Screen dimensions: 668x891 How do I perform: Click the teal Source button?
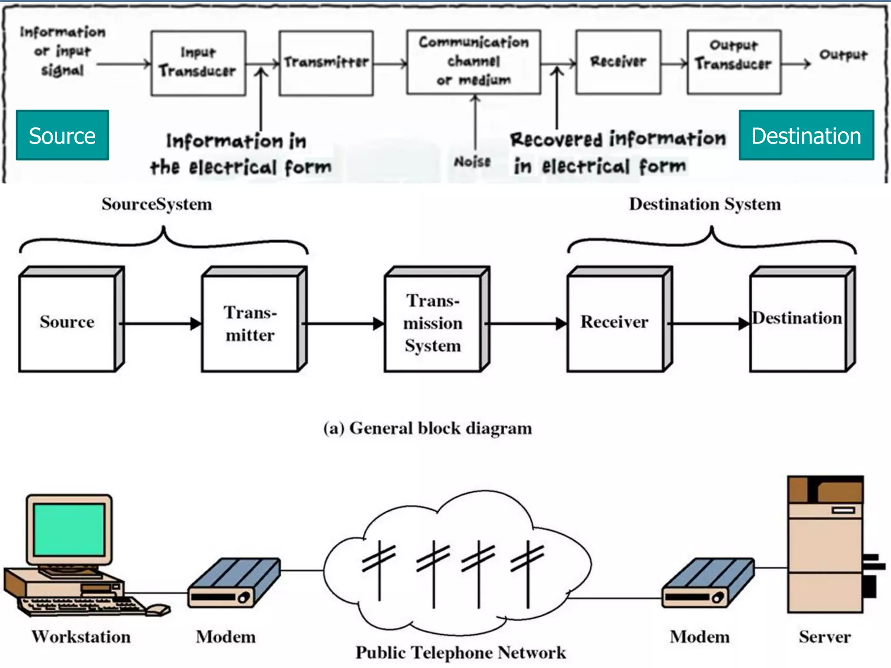tap(62, 135)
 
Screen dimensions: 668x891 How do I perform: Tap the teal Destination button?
tap(806, 135)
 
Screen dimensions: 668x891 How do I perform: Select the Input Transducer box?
tap(198, 63)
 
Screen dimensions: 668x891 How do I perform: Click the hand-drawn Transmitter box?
tap(326, 63)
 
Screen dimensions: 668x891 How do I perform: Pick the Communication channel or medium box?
tap(473, 62)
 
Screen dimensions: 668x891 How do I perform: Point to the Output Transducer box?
tap(734, 62)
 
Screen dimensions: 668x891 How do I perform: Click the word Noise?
tap(472, 162)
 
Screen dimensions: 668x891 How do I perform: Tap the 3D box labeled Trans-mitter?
tap(251, 324)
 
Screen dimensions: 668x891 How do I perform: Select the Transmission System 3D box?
tap(433, 324)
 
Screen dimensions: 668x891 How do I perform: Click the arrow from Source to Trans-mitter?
tap(161, 324)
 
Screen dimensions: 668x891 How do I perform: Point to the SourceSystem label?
tap(157, 204)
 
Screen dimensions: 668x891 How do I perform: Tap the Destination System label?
tap(705, 204)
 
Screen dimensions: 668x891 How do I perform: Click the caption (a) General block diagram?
tap(428, 428)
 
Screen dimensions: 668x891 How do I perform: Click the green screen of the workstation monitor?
tap(70, 529)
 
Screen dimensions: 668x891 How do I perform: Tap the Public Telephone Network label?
tap(461, 653)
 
